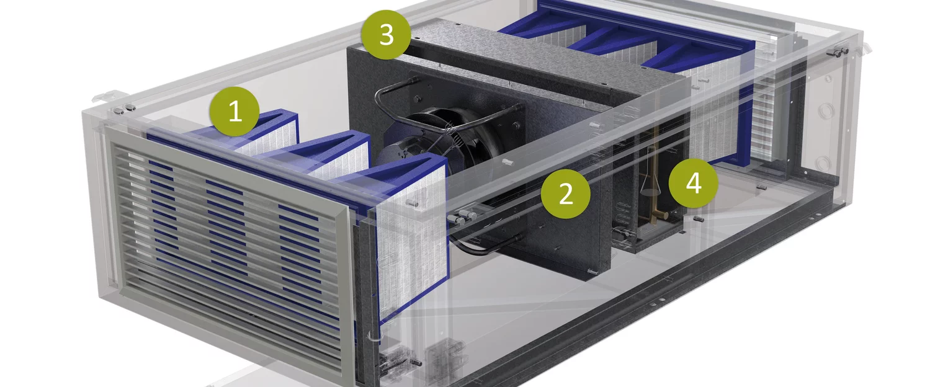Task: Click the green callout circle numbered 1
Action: pyautogui.click(x=235, y=111)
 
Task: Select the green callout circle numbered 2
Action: pyautogui.click(x=565, y=194)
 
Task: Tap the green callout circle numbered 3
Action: pyautogui.click(x=386, y=35)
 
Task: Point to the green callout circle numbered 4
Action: pyautogui.click(x=694, y=183)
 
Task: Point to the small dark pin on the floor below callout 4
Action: pyautogui.click(x=699, y=218)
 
